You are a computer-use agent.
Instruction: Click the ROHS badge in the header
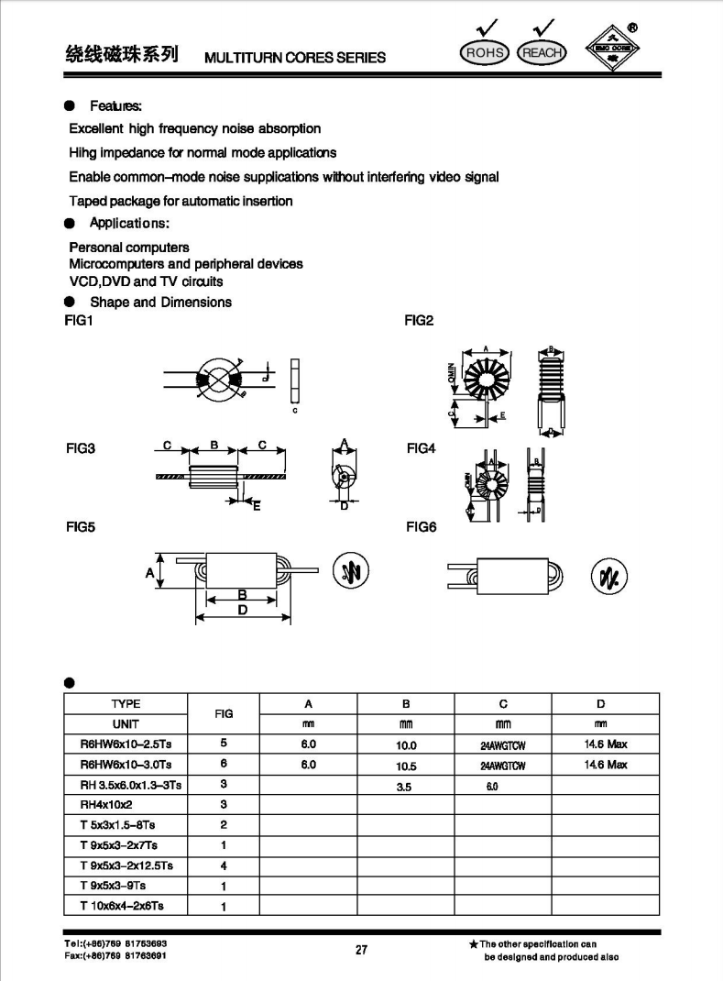point(485,52)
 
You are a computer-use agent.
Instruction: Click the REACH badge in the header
point(542,52)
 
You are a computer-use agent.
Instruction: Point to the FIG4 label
point(421,448)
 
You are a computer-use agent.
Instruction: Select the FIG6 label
point(421,527)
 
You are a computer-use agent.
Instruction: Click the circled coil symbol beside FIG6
point(609,575)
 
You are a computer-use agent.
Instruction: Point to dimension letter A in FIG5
point(149,573)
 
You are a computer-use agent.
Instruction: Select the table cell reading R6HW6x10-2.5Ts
point(120,744)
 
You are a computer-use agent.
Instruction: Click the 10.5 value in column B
point(406,766)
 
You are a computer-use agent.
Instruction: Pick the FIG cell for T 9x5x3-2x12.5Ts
point(224,865)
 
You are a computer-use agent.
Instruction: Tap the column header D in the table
point(601,704)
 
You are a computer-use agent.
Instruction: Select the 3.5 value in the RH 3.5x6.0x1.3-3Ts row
point(406,786)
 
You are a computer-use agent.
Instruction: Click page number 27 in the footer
point(361,950)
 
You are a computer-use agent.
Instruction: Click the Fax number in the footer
point(115,955)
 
